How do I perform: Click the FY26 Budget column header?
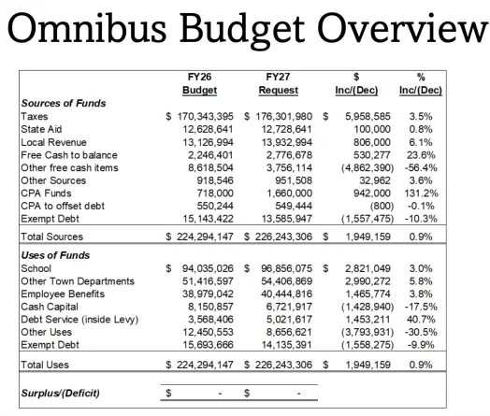pos(200,84)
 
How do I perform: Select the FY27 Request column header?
pos(278,84)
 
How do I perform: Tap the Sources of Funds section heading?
pos(63,103)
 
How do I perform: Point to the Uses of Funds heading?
pos(55,254)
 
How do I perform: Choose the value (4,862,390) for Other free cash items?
pos(352,166)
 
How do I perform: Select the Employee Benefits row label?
pos(64,293)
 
